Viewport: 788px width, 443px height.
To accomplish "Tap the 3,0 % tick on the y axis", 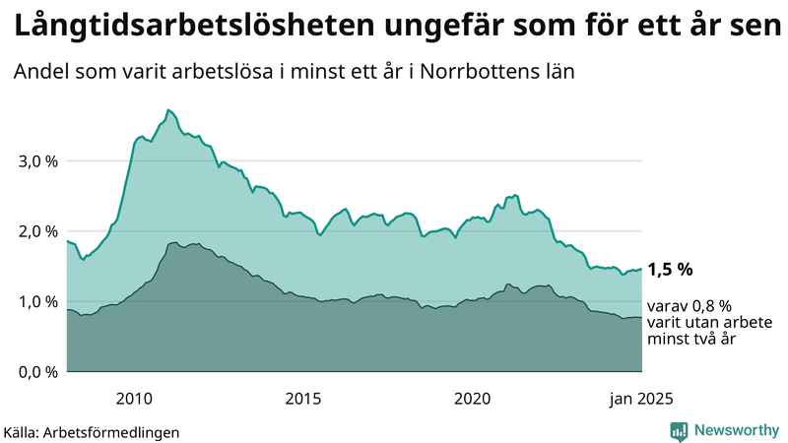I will (37, 160).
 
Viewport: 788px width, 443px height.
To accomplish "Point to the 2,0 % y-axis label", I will (37, 231).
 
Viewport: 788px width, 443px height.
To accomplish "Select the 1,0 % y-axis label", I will (37, 301).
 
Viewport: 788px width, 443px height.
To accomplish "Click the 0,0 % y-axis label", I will (37, 372).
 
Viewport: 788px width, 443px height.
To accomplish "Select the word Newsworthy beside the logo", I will (736, 431).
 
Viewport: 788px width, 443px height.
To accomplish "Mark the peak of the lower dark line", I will (173, 242).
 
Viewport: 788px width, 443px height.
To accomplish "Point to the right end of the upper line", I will (641, 269).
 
